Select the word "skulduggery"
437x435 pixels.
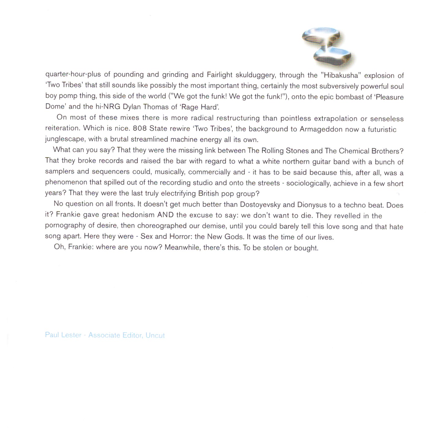click(255, 75)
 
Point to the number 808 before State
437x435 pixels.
click(140, 128)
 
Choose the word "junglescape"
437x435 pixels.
click(64, 139)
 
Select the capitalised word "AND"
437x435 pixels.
click(165, 215)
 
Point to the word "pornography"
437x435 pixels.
click(65, 226)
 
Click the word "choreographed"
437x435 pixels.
click(162, 226)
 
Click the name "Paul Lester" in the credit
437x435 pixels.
click(63, 335)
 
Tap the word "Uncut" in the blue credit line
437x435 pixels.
click(155, 335)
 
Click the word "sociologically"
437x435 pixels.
click(308, 183)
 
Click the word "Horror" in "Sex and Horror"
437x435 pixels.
click(181, 236)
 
